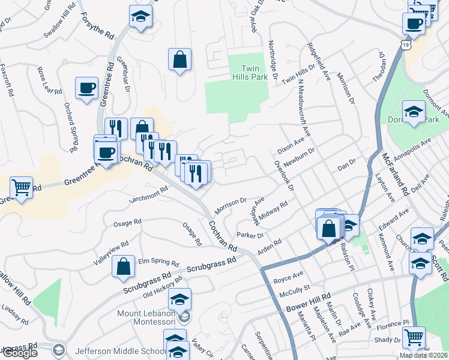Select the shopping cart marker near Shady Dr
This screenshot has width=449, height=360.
pos(414,337)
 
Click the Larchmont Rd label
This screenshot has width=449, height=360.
pos(147,195)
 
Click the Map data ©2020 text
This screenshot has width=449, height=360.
pos(423,355)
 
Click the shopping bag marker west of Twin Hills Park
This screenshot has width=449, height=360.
pos(179,59)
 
